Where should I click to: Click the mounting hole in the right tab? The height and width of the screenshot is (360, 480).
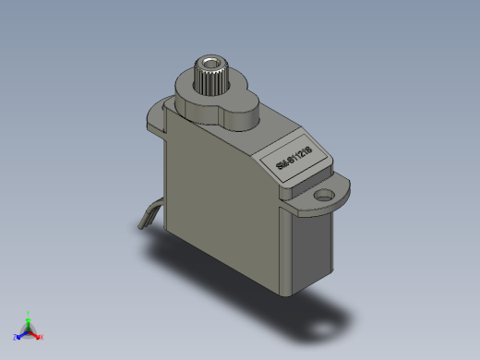coord(323,196)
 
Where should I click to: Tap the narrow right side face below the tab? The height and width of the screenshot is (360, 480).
coord(312,245)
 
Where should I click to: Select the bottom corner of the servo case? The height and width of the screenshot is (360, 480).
coord(295,288)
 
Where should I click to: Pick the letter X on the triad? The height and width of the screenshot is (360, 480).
coord(42,337)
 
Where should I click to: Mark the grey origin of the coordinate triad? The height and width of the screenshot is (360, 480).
coord(29,330)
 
